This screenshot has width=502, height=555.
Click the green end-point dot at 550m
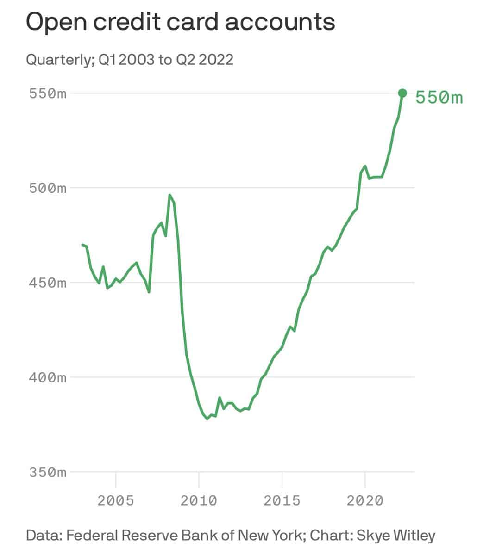402,93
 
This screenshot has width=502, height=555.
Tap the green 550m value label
439,98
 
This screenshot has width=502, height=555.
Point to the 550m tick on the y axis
48,93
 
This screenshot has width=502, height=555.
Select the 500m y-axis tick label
48,188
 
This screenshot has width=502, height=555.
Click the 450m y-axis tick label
48,283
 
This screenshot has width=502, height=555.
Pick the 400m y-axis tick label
48,377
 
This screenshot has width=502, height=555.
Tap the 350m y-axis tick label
48,472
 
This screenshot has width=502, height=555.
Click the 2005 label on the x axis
116,500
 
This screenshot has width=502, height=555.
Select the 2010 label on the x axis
199,500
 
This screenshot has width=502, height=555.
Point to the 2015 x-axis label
282,500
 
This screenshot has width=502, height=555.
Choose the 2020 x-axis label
365,500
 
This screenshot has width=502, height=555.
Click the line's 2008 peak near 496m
170,195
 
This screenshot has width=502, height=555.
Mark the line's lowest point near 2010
207,419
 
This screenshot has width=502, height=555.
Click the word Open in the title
54,22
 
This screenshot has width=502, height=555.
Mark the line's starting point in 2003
82,245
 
